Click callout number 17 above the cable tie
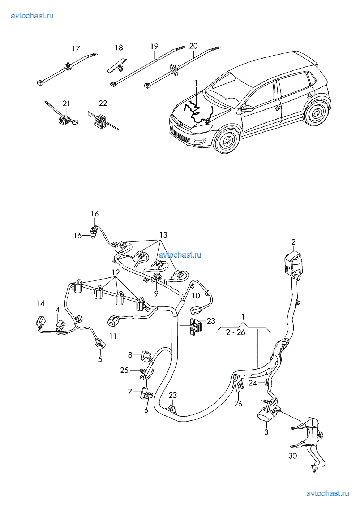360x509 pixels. tap(76, 49)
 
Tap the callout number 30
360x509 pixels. tap(292, 456)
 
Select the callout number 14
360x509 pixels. tap(40, 303)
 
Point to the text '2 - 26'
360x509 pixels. tap(235, 332)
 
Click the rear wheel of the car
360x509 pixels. tap(316, 113)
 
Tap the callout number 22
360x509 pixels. tap(103, 103)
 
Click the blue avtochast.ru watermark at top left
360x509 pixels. tap(32, 16)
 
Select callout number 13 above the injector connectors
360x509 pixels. tap(163, 235)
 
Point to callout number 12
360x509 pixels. tap(115, 272)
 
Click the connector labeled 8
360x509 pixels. tap(146, 355)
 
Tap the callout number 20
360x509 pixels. tap(193, 46)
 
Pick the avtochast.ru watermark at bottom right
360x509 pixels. tap(327, 493)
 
